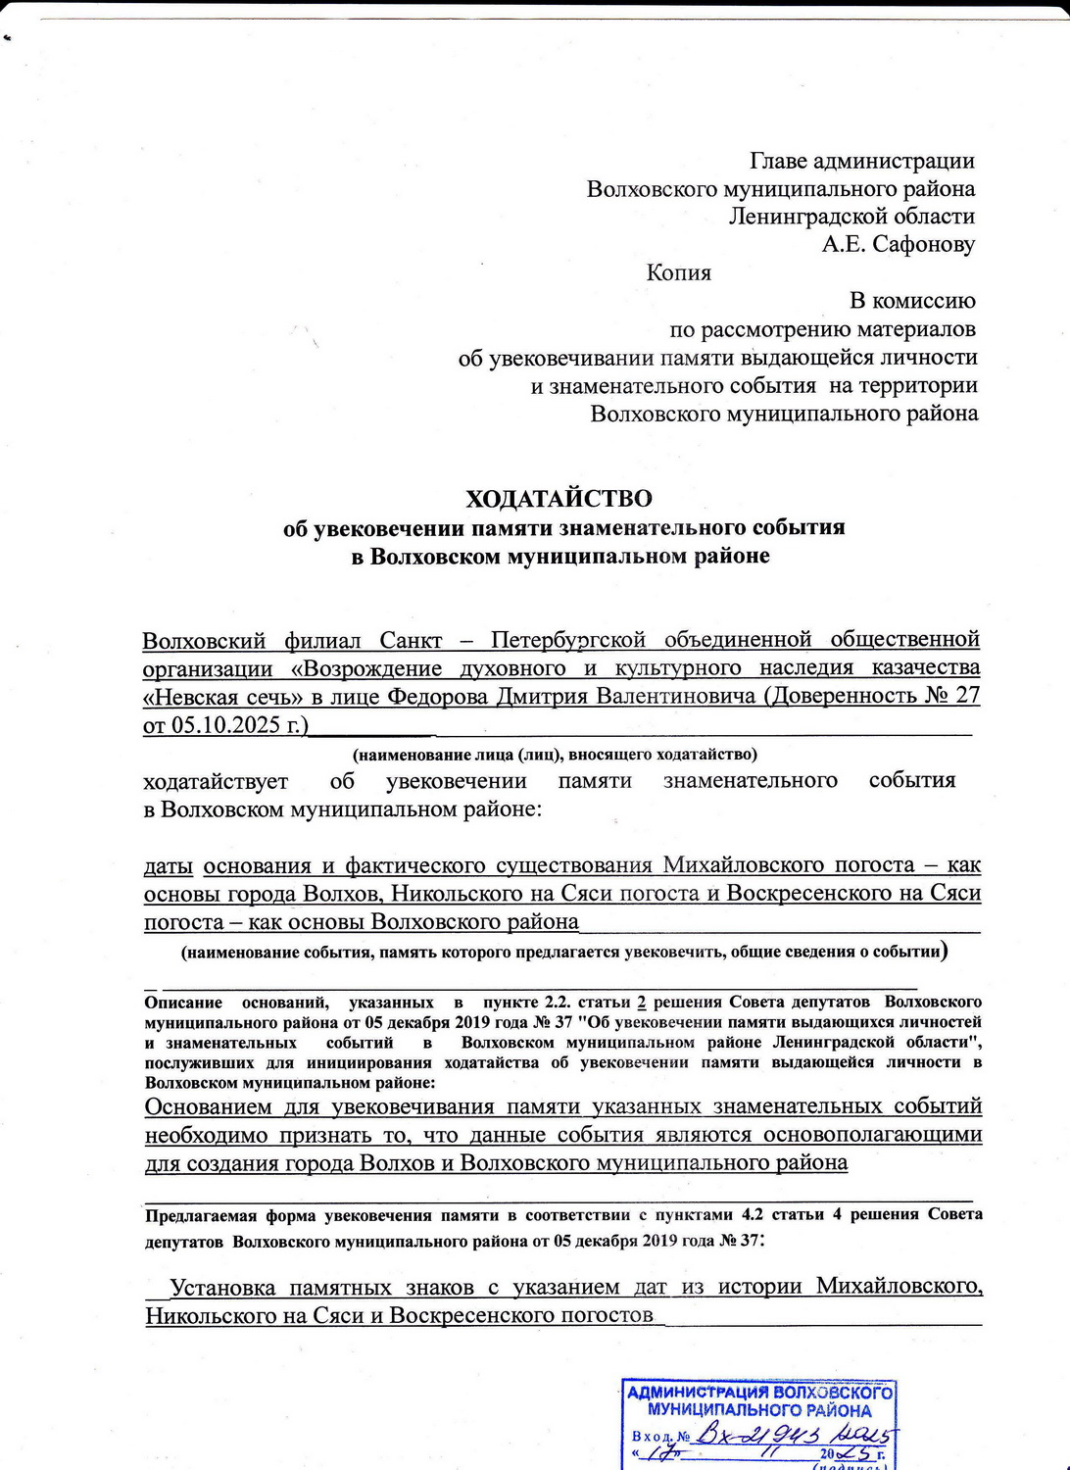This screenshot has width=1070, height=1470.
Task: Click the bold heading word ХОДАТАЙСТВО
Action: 559,499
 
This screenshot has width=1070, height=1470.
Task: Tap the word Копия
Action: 678,272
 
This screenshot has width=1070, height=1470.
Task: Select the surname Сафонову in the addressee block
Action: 922,244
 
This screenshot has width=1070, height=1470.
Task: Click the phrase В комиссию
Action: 911,300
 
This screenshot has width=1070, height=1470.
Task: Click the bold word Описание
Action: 182,1003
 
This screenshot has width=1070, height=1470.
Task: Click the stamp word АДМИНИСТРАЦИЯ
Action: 698,1393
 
